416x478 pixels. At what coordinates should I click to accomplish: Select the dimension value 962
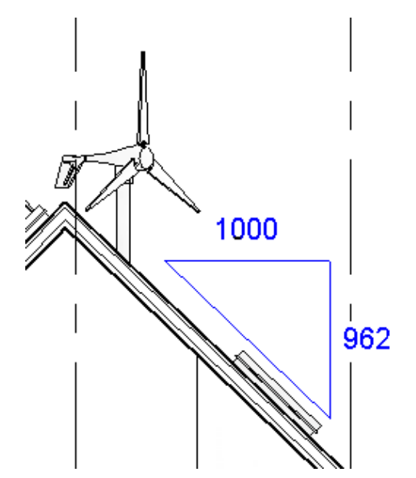pos(365,339)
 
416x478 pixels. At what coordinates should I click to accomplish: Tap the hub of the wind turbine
pos(143,157)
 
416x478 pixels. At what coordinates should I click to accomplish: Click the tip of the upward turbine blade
pos(142,53)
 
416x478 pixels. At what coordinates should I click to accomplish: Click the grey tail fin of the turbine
pos(70,169)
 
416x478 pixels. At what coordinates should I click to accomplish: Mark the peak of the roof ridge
pos(64,205)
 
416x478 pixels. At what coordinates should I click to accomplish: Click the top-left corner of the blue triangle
pos(165,261)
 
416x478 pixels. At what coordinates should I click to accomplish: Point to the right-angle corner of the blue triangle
pos(330,261)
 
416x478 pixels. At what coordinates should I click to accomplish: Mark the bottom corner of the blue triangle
pos(330,417)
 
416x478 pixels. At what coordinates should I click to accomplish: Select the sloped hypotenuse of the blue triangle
pos(247,339)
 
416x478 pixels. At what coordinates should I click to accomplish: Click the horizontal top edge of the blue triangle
pos(247,261)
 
